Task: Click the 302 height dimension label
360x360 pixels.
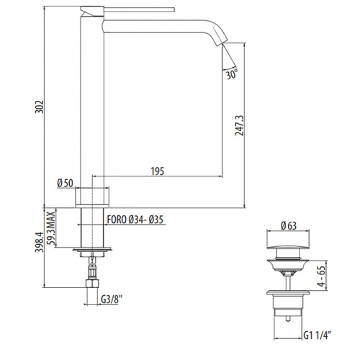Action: tap(40, 107)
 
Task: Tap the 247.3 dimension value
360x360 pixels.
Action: tap(239, 125)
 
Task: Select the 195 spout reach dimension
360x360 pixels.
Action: tap(158, 171)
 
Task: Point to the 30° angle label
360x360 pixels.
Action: tap(232, 73)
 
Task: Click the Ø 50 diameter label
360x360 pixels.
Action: tap(65, 183)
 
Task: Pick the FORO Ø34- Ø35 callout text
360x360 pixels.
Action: tap(135, 220)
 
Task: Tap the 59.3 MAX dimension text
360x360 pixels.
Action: tap(51, 228)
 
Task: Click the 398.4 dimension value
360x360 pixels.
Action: tap(40, 242)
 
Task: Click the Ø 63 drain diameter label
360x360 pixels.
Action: tap(289, 225)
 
